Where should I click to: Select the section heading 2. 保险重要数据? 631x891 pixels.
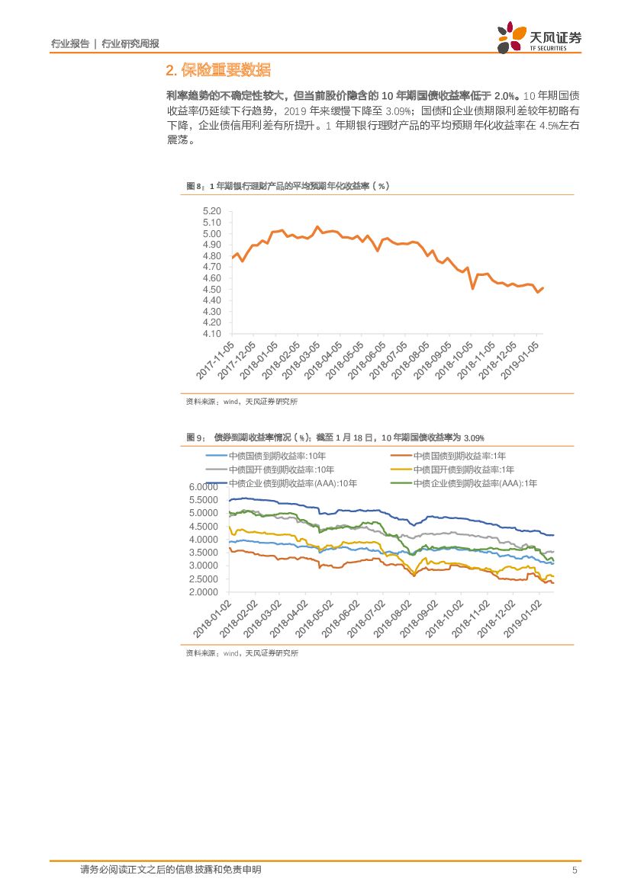(x=217, y=71)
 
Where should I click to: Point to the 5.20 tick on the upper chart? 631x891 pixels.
(x=211, y=211)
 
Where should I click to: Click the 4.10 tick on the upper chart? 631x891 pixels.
(x=211, y=334)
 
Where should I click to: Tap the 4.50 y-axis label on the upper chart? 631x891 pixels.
(x=211, y=290)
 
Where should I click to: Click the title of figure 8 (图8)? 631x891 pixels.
(x=288, y=186)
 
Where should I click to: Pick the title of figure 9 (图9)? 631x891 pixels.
(x=336, y=437)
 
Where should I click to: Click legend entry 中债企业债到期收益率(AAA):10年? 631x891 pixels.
(x=293, y=483)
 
